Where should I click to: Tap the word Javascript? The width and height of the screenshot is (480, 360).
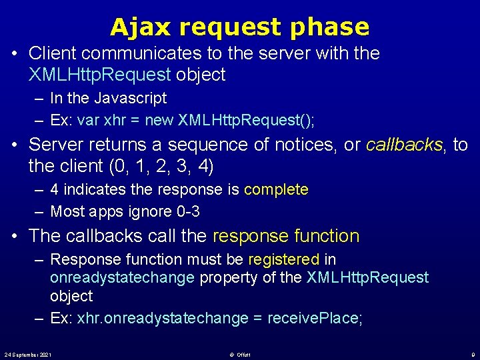pyautogui.click(x=131, y=98)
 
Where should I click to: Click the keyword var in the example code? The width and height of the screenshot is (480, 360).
pyautogui.click(x=88, y=120)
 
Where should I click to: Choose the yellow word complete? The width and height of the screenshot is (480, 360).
pyautogui.click(x=276, y=189)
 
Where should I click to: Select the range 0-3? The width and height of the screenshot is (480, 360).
pyautogui.click(x=187, y=211)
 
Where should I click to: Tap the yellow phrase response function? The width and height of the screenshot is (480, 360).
pyautogui.click(x=286, y=236)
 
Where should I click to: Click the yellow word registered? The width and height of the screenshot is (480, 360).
pyautogui.click(x=284, y=259)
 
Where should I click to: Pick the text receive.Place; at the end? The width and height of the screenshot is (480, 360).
pyautogui.click(x=315, y=318)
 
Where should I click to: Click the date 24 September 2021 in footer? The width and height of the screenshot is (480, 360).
pyautogui.click(x=28, y=354)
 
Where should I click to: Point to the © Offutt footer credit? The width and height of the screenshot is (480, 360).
pyautogui.click(x=239, y=354)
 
